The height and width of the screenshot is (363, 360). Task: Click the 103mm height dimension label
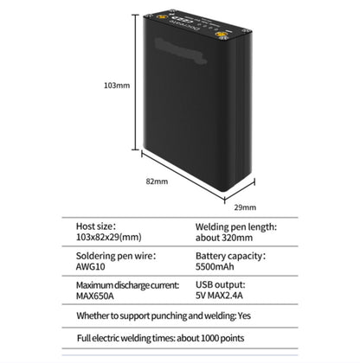(117, 86)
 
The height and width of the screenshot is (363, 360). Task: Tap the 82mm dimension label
(157, 181)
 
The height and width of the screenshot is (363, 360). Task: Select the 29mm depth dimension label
(245, 207)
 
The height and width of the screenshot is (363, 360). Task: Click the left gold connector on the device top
(159, 17)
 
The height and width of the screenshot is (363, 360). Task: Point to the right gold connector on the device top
(222, 35)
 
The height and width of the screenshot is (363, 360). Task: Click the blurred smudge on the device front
(181, 51)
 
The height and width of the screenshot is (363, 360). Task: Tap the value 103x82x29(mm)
(109, 237)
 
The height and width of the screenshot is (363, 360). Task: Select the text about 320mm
(224, 238)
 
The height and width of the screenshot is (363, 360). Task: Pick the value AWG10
(91, 266)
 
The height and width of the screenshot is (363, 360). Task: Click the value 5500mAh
(215, 266)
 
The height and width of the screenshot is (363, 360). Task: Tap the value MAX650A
(95, 296)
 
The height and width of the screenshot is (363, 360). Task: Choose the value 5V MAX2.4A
(219, 296)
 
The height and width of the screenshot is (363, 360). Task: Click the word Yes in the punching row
(244, 315)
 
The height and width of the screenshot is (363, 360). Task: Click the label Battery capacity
(229, 256)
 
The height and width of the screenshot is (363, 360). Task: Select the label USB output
(220, 284)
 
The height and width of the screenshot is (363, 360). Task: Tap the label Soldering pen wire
(114, 256)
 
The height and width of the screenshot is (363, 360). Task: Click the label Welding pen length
(235, 226)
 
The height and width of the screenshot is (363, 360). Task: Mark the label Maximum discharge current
(127, 285)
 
